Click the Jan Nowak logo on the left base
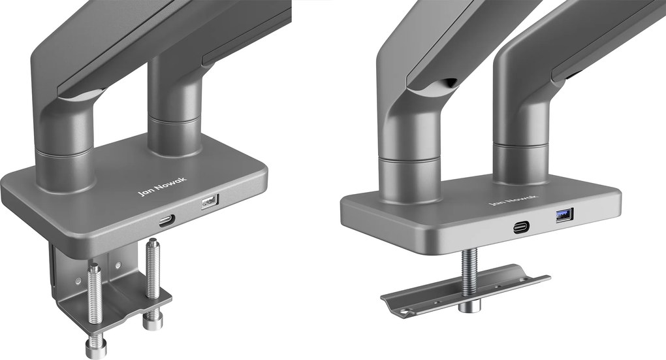[162, 187]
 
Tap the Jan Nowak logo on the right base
[513, 200]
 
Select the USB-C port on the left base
[167, 221]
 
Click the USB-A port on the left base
[210, 201]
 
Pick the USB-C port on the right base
[521, 227]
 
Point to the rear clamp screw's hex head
[153, 321]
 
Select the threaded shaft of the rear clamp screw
[153, 268]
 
